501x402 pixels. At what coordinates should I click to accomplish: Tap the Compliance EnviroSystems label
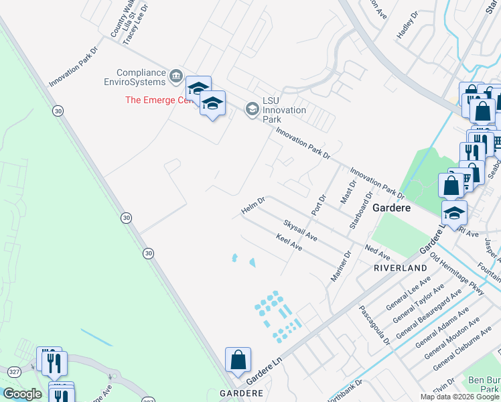point(141,78)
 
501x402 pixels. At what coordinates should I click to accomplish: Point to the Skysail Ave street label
point(299,229)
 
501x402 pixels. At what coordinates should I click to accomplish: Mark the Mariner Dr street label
point(341,266)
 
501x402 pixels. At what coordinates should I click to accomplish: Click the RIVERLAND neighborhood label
point(401,268)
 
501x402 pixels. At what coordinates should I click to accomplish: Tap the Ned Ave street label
point(377,253)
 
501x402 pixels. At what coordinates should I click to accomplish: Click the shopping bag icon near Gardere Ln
point(238,360)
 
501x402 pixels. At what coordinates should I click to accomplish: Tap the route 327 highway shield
point(13,371)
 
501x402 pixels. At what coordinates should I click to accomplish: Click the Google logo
point(22,394)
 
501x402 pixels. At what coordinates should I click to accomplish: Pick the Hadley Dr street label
point(407,25)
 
